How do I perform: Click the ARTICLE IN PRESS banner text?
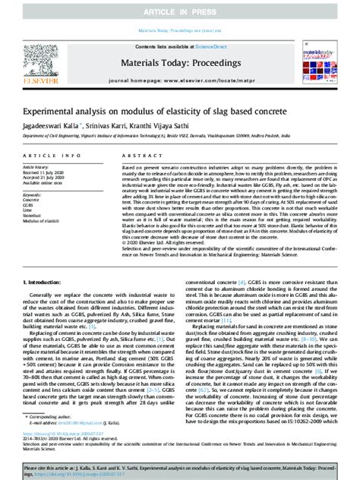click(x=179, y=13)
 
